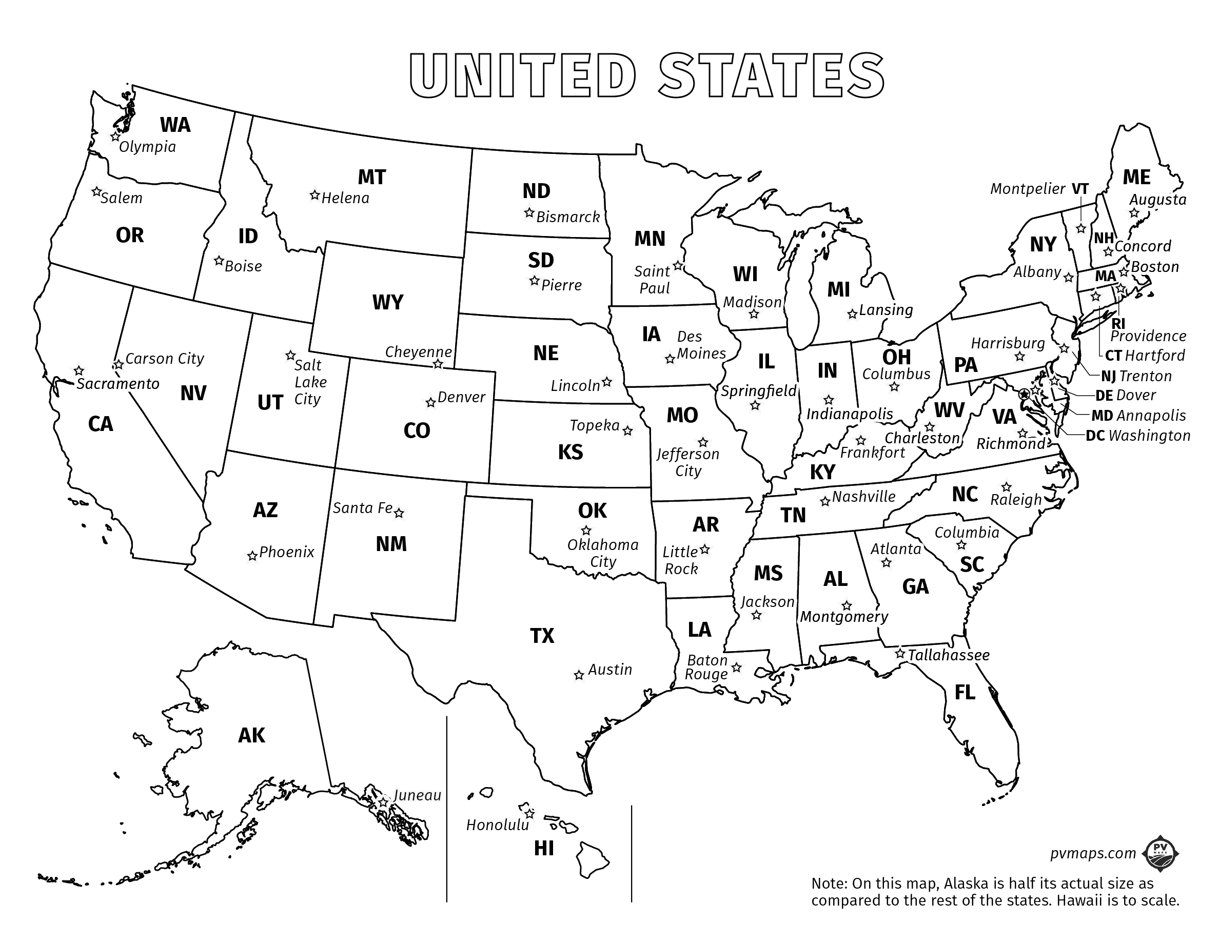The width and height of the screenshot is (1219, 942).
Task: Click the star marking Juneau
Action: pos(382,802)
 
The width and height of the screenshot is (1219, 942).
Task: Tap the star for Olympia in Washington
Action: pos(115,136)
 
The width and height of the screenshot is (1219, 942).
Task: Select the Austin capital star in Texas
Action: pos(579,675)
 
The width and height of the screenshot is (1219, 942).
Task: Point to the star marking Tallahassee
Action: pos(899,653)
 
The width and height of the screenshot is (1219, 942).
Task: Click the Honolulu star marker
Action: pos(529,813)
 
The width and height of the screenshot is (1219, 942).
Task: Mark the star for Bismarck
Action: pos(528,212)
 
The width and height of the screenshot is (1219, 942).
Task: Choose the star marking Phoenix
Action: pos(252,556)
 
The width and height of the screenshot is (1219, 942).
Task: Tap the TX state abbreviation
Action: pos(542,635)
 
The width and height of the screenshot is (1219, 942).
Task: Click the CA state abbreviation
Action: pos(101,424)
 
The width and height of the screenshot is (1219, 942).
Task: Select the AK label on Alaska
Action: pos(252,736)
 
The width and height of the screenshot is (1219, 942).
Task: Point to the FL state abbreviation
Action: pos(965,693)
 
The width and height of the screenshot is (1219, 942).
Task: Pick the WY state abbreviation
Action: pos(387,302)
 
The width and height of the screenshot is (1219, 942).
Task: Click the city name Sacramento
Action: pos(118,384)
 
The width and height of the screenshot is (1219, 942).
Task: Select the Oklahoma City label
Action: pos(603,553)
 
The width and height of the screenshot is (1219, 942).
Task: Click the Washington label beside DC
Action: pos(1149,435)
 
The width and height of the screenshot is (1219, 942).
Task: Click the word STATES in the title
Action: pos(771,76)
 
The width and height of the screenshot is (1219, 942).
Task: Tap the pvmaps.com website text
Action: pos(1092,853)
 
